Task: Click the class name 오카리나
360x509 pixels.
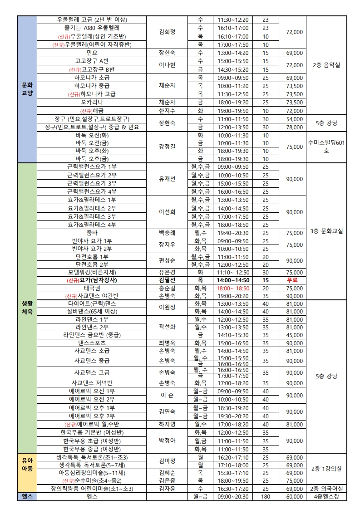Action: click(92, 102)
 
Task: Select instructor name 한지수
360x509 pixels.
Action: click(167, 111)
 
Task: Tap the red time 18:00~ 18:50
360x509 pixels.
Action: click(233, 288)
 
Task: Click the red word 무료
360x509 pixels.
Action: click(292, 280)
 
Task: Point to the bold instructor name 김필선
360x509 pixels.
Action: click(167, 280)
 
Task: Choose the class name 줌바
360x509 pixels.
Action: click(92, 233)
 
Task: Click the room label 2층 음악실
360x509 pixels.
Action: click(326, 65)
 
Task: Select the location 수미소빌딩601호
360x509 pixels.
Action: click(326, 147)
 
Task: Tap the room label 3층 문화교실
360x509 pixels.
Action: click(326, 231)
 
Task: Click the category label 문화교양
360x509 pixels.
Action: click(27, 89)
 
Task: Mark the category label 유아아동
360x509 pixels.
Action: click(27, 464)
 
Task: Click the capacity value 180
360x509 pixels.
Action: click(266, 497)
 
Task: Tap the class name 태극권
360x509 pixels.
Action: click(92, 288)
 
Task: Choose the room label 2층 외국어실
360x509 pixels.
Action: click(326, 489)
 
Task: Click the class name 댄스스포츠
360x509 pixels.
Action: click(92, 343)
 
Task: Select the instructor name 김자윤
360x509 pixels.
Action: click(167, 489)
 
